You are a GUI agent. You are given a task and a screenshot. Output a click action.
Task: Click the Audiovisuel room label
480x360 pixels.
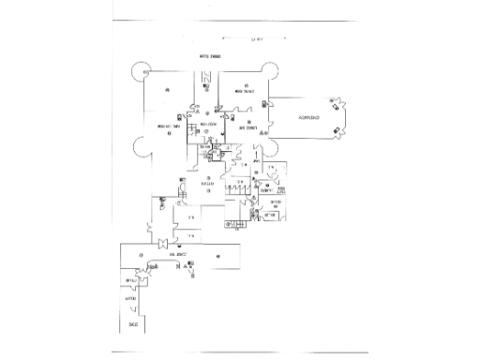tap(308, 118)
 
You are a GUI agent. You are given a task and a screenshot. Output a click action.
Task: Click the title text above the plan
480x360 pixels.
tap(207, 57)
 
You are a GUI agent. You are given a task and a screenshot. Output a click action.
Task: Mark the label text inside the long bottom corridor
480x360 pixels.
tap(179, 255)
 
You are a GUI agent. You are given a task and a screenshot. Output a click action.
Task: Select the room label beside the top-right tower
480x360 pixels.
tap(246, 91)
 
